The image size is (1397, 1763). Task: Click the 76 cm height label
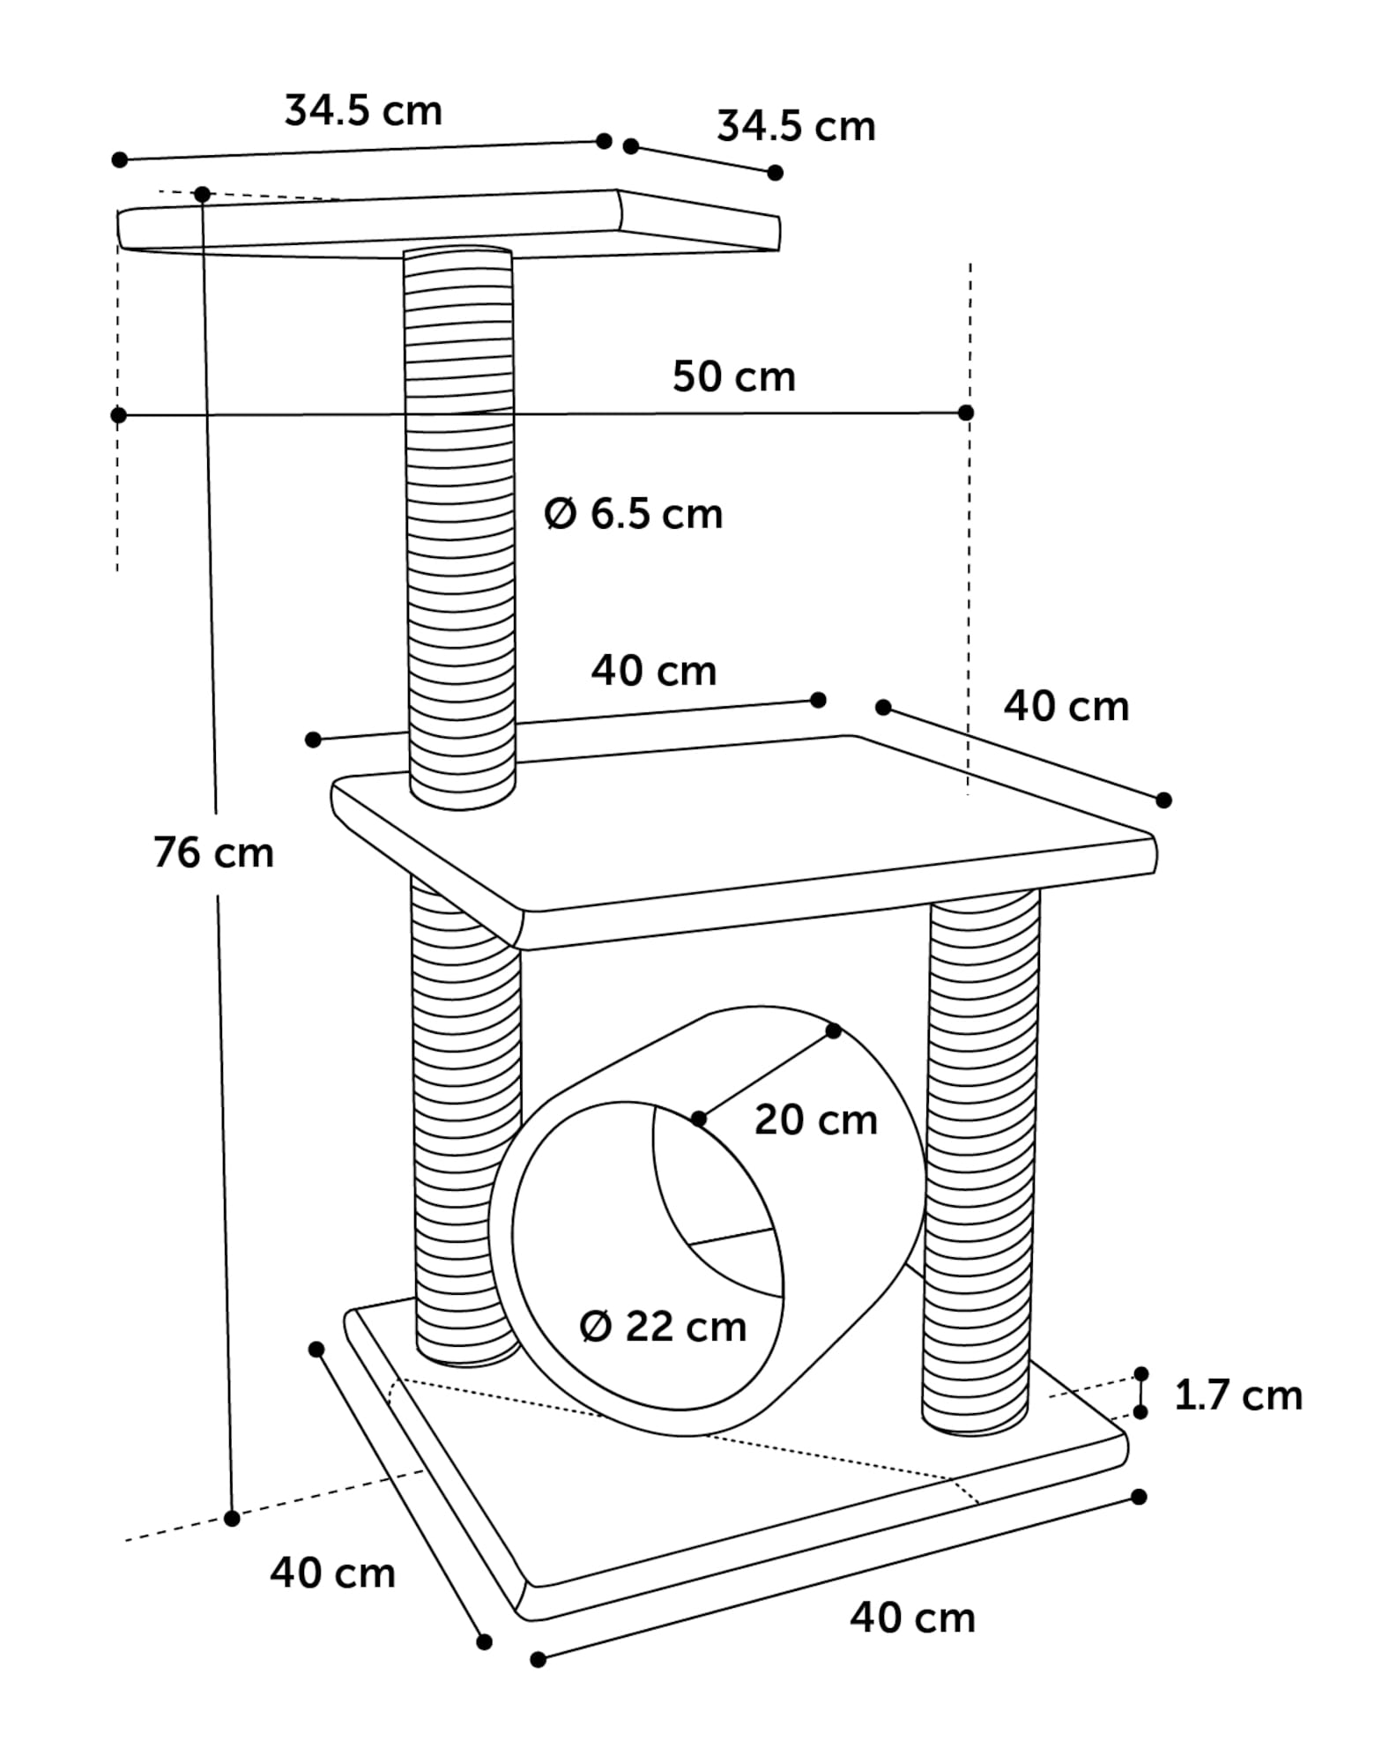click(213, 852)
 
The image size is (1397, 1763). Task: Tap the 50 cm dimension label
click(733, 376)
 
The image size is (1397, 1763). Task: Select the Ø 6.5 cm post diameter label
click(634, 513)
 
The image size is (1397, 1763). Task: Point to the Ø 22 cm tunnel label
click(663, 1327)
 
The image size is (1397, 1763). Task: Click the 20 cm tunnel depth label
click(815, 1120)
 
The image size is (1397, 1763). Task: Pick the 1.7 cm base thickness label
click(1238, 1395)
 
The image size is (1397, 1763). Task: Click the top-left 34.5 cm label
click(363, 111)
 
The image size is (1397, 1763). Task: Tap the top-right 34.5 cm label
click(796, 126)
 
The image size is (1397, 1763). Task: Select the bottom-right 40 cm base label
click(912, 1618)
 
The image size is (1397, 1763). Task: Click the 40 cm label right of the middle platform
click(1066, 706)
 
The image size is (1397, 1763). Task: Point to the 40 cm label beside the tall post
click(653, 671)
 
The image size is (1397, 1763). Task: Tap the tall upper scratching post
click(459, 529)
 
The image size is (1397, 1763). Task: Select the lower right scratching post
click(980, 1155)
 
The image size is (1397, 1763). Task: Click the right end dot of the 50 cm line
click(966, 413)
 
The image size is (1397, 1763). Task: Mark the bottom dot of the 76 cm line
click(232, 1518)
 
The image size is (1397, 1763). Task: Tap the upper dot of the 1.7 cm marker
click(1141, 1373)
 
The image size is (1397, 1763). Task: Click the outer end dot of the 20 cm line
click(834, 1030)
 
